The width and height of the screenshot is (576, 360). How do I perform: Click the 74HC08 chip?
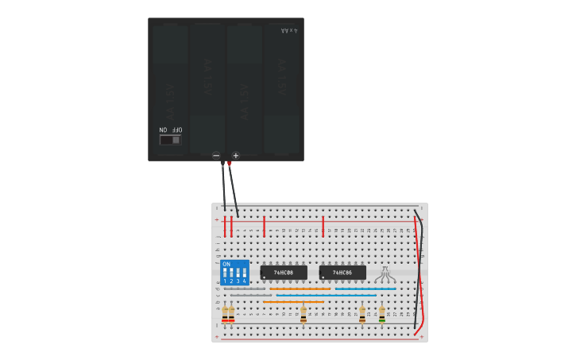pyautogui.click(x=284, y=273)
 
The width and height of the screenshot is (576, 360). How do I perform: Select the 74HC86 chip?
pyautogui.click(x=342, y=273)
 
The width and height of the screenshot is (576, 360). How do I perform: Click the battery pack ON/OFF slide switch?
pyautogui.click(x=171, y=140)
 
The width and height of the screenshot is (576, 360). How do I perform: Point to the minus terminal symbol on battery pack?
pyautogui.click(x=216, y=155)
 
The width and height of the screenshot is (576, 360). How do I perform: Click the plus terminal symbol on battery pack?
pyautogui.click(x=236, y=155)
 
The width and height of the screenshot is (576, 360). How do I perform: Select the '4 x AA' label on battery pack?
pyautogui.click(x=289, y=30)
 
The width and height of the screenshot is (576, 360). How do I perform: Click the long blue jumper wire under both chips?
pyautogui.click(x=326, y=295)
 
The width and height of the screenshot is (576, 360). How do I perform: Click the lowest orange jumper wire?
pyautogui.click(x=293, y=302)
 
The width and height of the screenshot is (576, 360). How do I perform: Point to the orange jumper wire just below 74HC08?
pyautogui.click(x=300, y=288)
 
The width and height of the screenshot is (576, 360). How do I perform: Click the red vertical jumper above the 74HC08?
pyautogui.click(x=264, y=226)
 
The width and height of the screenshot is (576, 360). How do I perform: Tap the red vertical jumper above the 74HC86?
pyautogui.click(x=323, y=226)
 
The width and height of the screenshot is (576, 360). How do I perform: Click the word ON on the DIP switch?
pyautogui.click(x=226, y=264)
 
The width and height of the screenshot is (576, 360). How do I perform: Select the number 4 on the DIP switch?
pyautogui.click(x=244, y=281)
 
